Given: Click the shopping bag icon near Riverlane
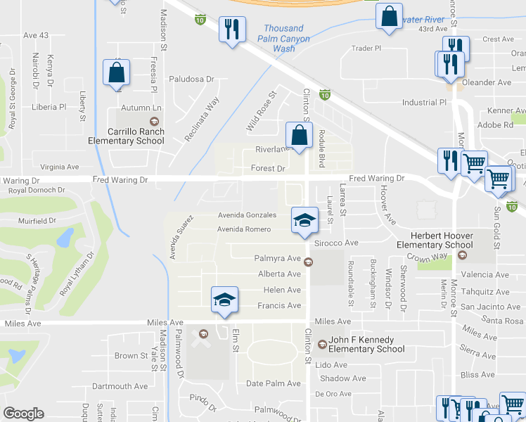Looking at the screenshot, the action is coord(299,136).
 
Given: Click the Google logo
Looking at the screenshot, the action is coord(23,414).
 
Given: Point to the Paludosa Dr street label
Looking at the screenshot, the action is coord(191,79).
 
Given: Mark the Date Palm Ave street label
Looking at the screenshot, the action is coord(274,383).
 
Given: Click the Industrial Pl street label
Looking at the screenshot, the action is coord(424,103).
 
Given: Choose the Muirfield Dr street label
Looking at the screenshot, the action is coord(37,221).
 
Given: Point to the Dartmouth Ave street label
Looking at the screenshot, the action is coord(120,386).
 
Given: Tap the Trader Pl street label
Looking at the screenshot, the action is coord(366,49).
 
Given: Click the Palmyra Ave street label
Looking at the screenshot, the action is coord(278,259).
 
